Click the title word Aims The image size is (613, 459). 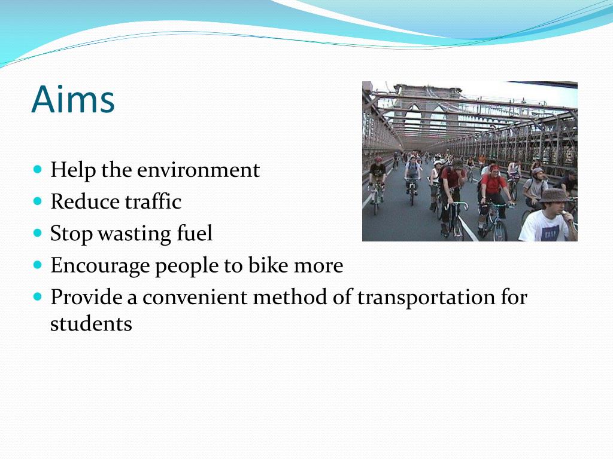(x=73, y=99)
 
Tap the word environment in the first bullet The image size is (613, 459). (x=198, y=170)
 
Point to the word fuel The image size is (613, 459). (x=194, y=234)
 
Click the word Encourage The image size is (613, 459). (x=100, y=266)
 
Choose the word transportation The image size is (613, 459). (x=427, y=297)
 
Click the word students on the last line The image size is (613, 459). (x=91, y=324)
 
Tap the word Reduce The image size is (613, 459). (x=75, y=202)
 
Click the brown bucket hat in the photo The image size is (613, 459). (x=553, y=195)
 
